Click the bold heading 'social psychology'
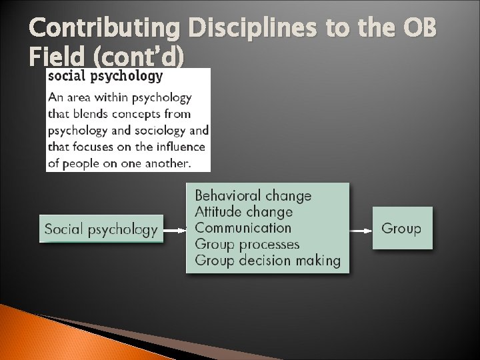click(105, 76)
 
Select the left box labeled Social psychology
click(101, 229)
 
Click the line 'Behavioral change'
click(253, 196)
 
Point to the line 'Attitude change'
click(243, 212)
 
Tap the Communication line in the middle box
click(243, 228)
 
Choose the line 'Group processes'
click(247, 245)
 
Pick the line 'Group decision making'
click(267, 261)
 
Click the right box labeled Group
click(401, 229)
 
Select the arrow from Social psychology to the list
click(174, 231)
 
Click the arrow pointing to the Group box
click(360, 231)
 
